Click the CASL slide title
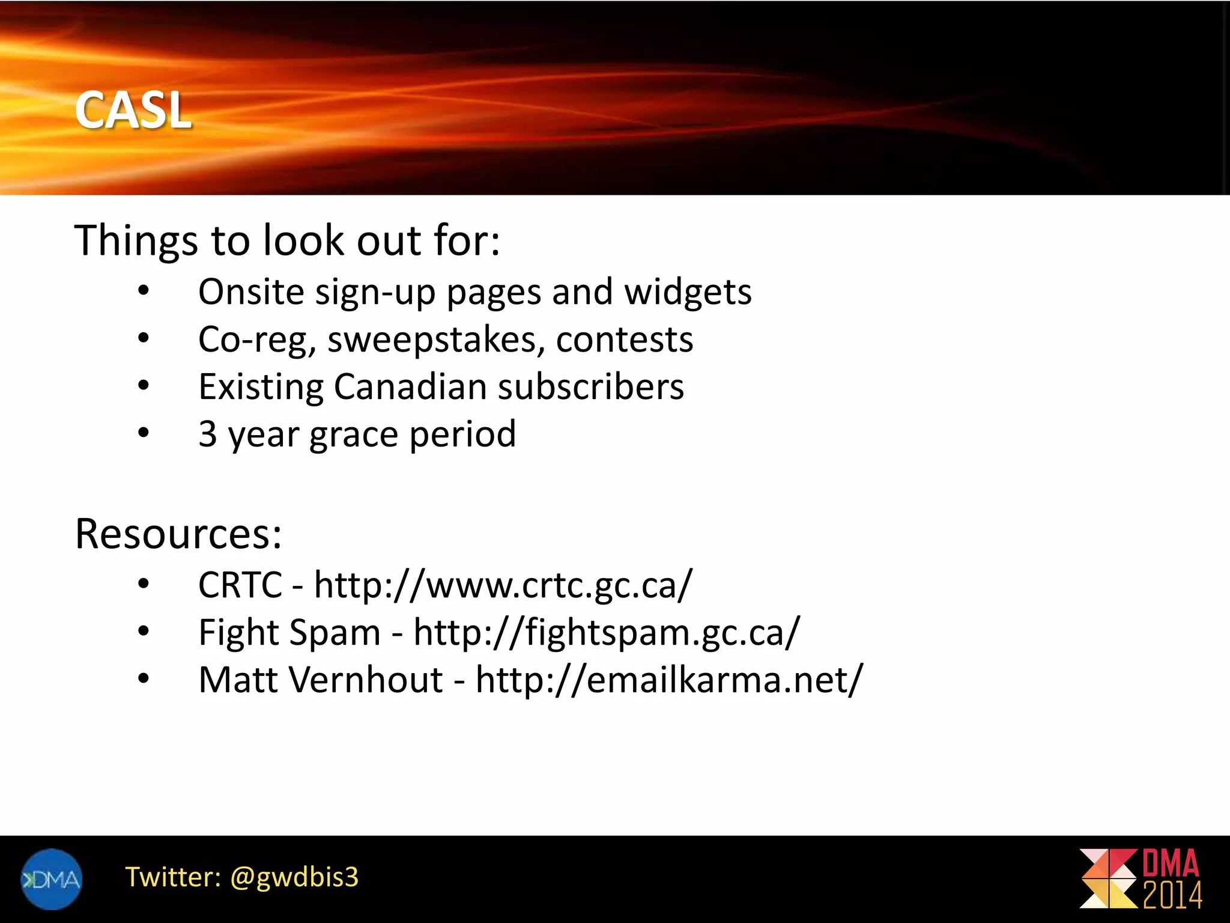133,110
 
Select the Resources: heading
178,534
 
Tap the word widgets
688,293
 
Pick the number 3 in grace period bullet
208,433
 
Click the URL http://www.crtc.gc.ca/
503,585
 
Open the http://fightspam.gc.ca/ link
607,632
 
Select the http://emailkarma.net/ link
669,680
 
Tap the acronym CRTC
240,585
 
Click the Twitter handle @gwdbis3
294,877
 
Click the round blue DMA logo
52,879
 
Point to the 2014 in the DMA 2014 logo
1172,895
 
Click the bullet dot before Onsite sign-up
143,291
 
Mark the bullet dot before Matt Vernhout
143,679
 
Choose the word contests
625,340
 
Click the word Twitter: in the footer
173,877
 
